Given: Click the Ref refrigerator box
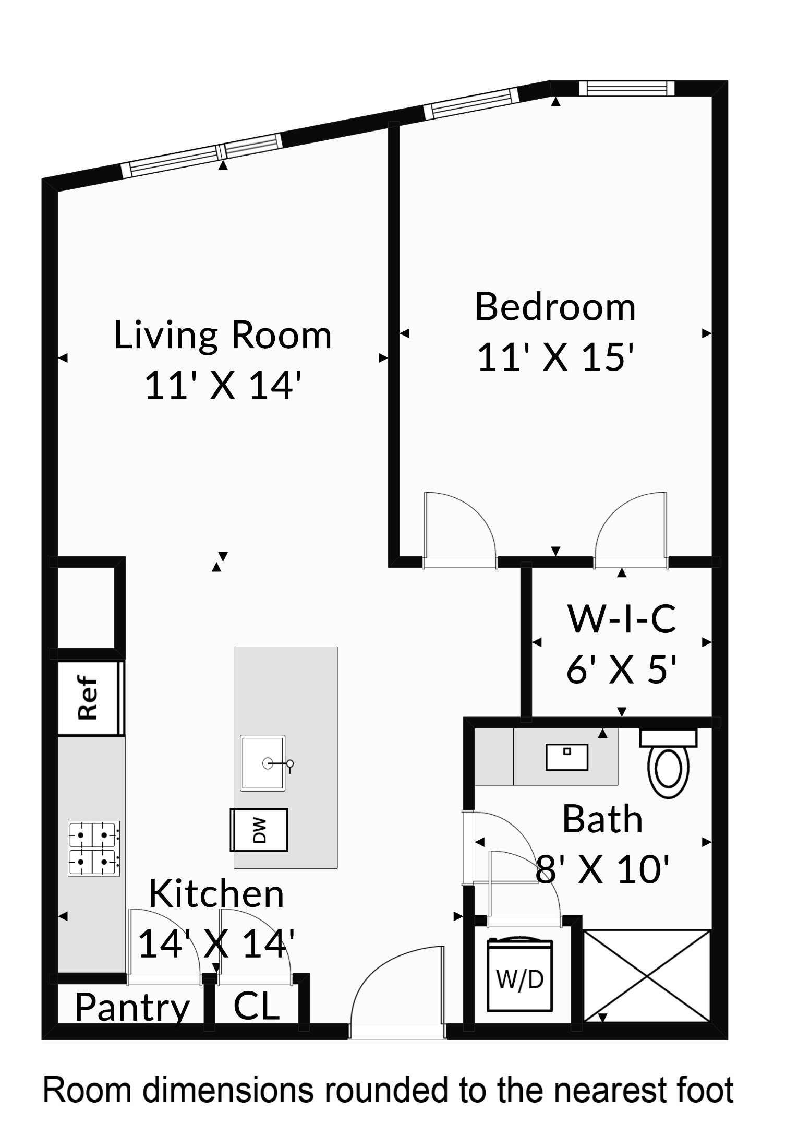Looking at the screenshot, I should (x=89, y=698).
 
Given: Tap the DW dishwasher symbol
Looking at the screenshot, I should (x=259, y=830).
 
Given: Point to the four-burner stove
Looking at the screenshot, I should (x=94, y=848).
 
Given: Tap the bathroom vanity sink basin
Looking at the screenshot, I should (x=566, y=757).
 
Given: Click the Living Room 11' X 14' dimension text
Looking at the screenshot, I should (x=223, y=386).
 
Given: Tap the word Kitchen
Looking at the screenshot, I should (x=216, y=894).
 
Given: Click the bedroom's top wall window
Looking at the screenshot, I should (x=626, y=88).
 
